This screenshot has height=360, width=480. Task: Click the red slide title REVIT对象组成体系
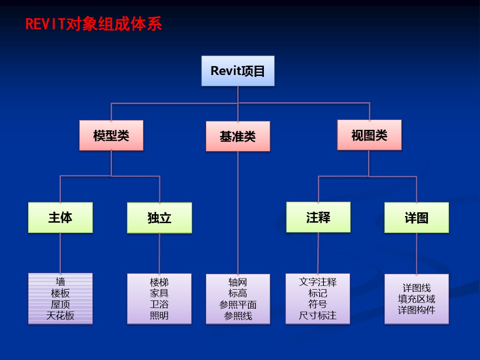point(93,24)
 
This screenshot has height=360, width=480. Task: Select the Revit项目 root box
point(238,71)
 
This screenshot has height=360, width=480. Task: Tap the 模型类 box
point(111,135)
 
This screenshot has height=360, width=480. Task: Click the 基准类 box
point(238,136)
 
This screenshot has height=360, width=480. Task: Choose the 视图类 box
point(369,135)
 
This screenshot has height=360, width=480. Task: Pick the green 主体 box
point(60,217)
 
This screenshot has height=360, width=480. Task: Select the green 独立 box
point(159,218)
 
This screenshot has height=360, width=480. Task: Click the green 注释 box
point(318,217)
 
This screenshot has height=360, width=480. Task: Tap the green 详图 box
point(416,218)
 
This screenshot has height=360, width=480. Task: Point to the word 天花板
point(60,315)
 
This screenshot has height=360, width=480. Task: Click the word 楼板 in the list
point(60,293)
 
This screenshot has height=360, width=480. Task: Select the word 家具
point(159,293)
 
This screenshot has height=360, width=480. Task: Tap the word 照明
point(159,315)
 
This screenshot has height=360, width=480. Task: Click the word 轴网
point(238,282)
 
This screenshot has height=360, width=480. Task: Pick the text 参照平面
point(238,305)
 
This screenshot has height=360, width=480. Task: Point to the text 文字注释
point(318,282)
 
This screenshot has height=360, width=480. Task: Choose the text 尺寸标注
point(318,315)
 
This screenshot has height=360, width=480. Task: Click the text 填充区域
point(416,299)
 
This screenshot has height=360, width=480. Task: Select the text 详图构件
point(416,310)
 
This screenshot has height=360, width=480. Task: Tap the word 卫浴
point(159,305)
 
